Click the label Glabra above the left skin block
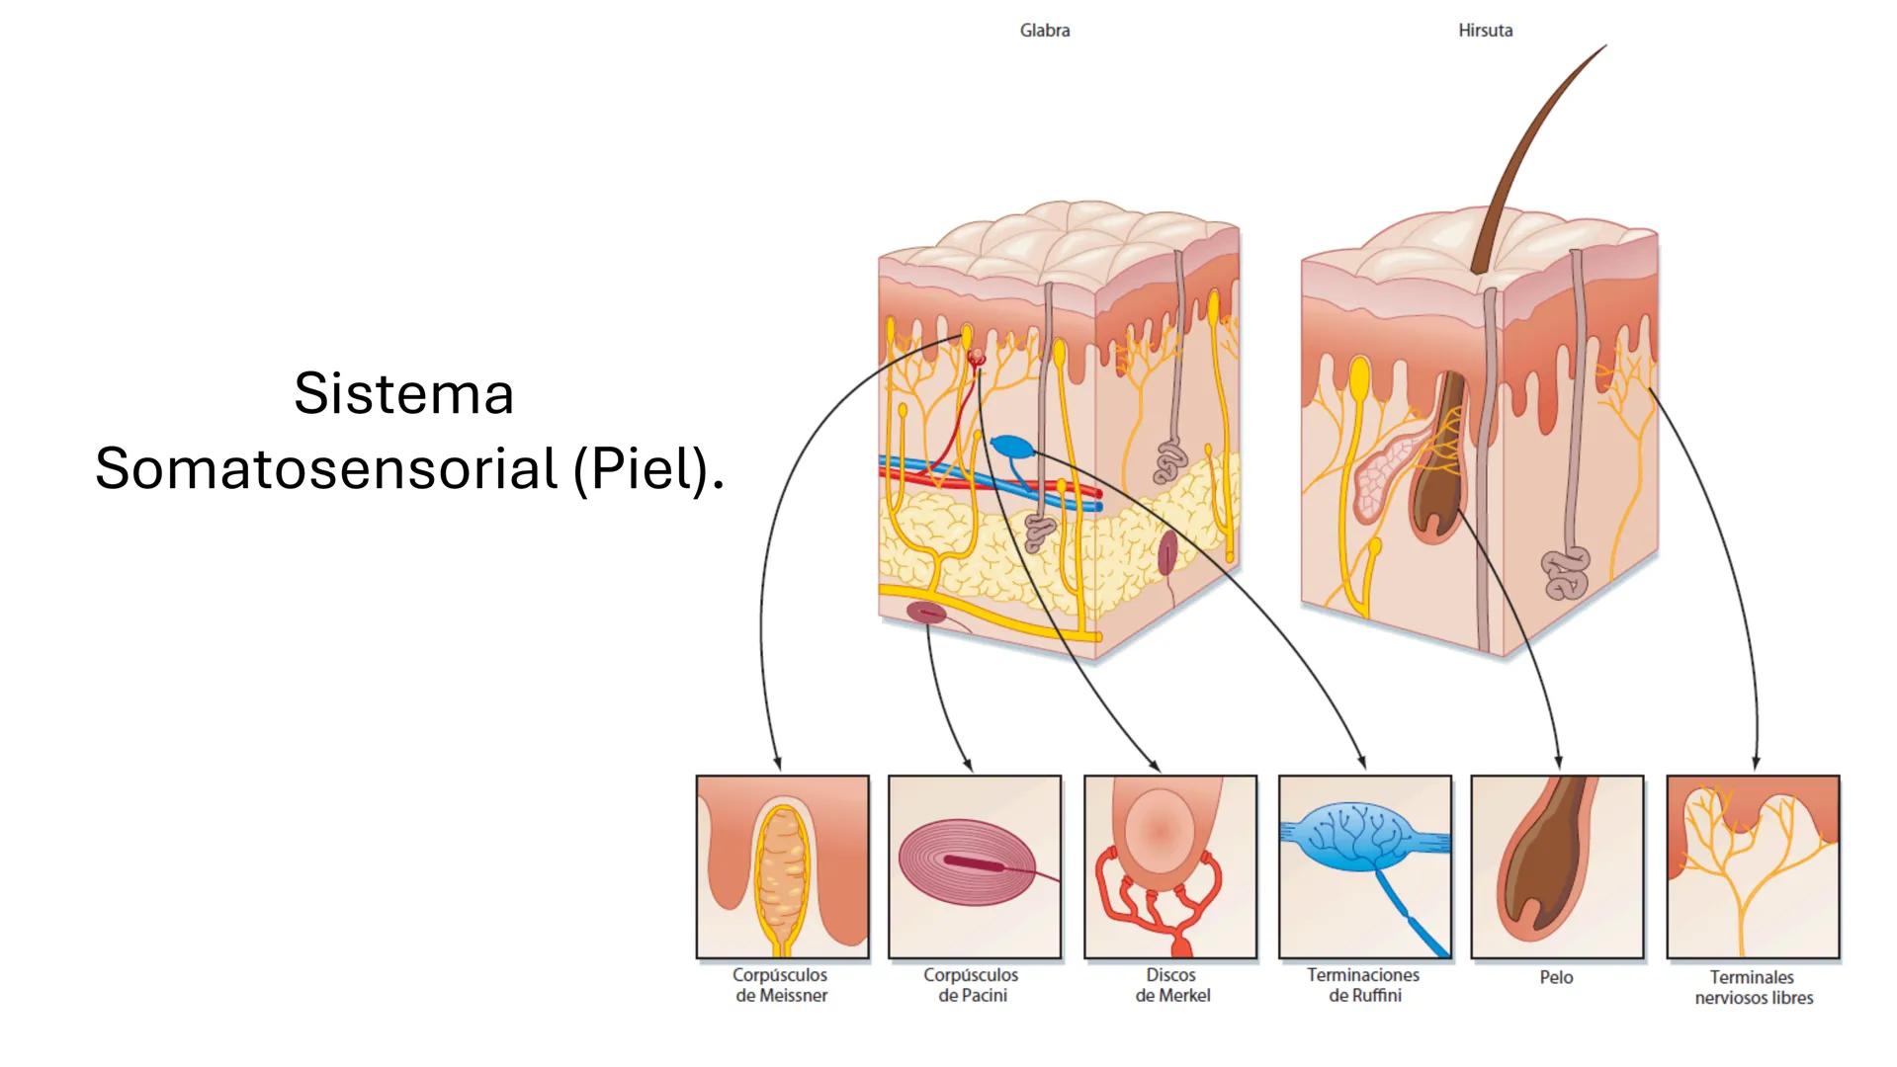1044,31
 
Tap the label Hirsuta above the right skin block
1485,31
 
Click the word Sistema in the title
403,393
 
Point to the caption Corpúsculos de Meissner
781,985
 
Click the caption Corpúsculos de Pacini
973,985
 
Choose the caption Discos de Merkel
1172,985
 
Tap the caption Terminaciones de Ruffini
1364,985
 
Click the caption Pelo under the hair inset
1556,977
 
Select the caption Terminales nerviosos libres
1754,987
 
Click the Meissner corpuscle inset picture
782,866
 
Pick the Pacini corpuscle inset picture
974,866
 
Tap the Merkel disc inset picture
1170,866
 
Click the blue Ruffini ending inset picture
1364,866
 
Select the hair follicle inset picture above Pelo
1557,866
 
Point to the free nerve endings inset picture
1753,866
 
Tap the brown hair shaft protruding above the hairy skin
1538,158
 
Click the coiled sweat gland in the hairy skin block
1565,572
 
